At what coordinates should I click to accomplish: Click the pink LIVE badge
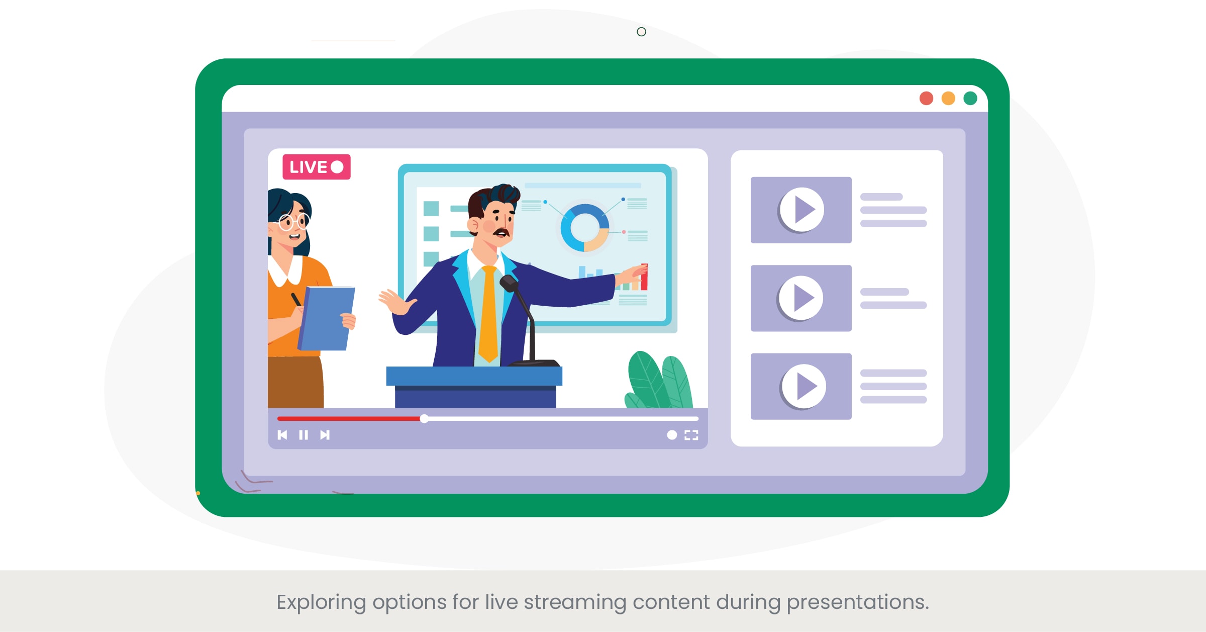tap(317, 167)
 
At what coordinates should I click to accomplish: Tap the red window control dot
tap(926, 99)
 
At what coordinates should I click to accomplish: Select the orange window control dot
tap(948, 99)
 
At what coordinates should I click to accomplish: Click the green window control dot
tap(970, 99)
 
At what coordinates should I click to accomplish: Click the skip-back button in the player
tap(282, 435)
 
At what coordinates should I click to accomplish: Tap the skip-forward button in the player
tap(325, 435)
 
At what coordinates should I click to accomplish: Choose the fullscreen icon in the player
tap(691, 435)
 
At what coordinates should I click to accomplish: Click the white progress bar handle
tap(425, 419)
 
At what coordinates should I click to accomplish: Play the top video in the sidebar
tap(802, 210)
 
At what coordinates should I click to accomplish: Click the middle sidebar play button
tap(801, 298)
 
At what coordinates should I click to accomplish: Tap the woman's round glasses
tap(294, 221)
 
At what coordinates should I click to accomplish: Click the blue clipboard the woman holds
tap(327, 318)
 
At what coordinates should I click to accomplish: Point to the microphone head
tap(509, 283)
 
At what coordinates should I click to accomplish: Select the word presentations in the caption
tap(857, 602)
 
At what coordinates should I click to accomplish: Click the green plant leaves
tap(658, 380)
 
